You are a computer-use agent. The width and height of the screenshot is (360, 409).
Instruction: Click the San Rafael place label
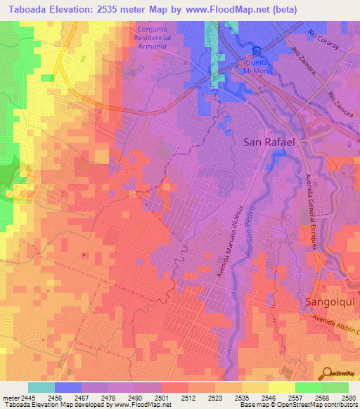click(272, 141)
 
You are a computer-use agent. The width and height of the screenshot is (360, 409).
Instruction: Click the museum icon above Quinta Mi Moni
click(257, 51)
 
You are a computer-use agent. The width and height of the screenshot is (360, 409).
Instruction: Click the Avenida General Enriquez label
click(310, 211)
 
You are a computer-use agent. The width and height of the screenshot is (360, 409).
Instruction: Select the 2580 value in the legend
click(349, 397)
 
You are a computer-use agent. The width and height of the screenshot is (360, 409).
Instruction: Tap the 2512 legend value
click(188, 397)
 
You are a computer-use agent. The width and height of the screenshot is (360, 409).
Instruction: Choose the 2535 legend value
click(241, 397)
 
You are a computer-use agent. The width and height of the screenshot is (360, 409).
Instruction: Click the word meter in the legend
click(7, 397)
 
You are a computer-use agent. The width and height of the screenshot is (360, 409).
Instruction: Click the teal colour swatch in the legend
click(41, 387)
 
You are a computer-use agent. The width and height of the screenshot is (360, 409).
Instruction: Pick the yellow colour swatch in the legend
click(281, 387)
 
